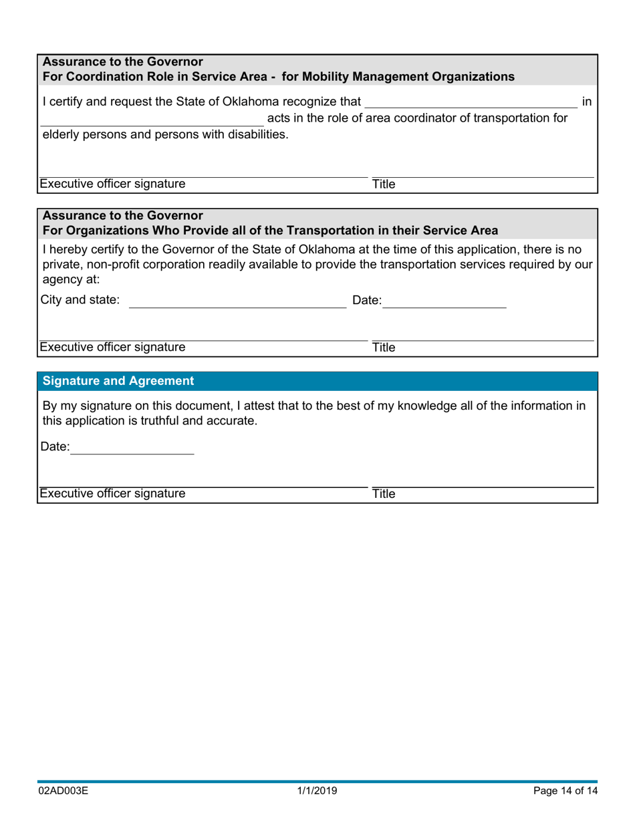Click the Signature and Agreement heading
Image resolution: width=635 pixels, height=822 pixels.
point(118,381)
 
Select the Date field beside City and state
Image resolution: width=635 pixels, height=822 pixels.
point(444,301)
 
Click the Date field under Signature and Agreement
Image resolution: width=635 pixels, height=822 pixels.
point(132,448)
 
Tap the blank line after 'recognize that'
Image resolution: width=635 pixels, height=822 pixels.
point(471,102)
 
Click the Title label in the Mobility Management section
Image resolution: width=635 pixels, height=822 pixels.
point(384,184)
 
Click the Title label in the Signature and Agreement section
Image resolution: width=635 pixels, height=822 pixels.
point(384,495)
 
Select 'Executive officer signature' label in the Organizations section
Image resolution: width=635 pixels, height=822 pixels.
point(112,348)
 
